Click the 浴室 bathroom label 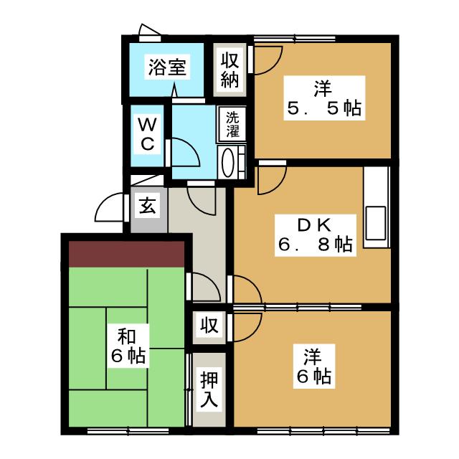pyautogui.click(x=168, y=68)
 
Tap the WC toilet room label pyautogui.click(x=146, y=133)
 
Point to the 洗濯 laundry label pyautogui.click(x=232, y=123)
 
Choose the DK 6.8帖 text pyautogui.click(x=314, y=235)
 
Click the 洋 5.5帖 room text pyautogui.click(x=321, y=100)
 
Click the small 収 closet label pyautogui.click(x=209, y=326)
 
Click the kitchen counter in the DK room pyautogui.click(x=376, y=208)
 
